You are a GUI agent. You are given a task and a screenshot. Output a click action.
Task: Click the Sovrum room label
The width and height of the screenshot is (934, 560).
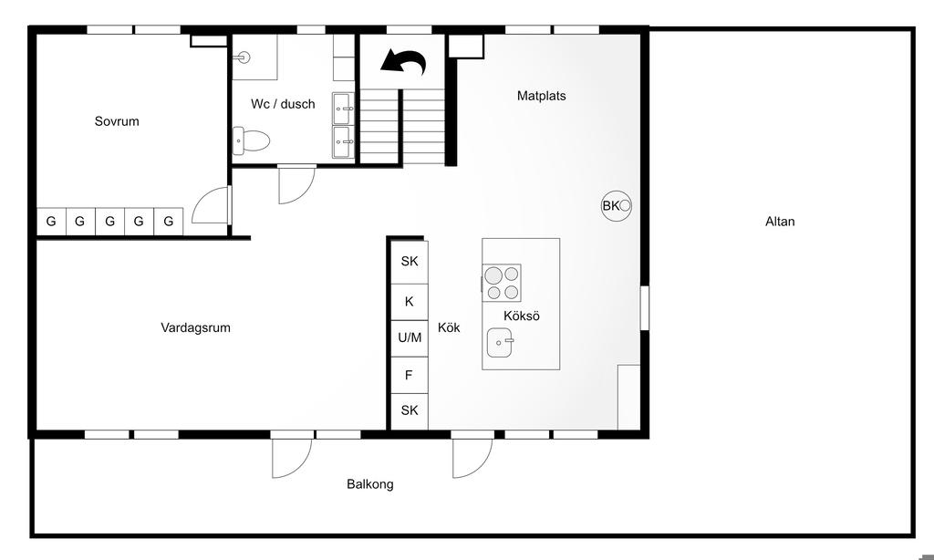click(x=117, y=121)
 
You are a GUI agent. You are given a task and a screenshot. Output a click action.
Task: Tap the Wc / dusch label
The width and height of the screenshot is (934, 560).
click(x=283, y=104)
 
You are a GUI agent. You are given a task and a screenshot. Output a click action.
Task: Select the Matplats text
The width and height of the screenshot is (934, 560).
click(x=542, y=96)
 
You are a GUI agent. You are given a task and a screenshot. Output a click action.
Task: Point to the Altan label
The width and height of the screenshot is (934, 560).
click(x=780, y=222)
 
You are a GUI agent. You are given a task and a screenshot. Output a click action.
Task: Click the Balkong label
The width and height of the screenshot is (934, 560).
click(x=370, y=484)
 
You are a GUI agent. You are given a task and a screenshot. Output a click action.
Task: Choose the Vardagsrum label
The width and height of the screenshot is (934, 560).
click(x=195, y=327)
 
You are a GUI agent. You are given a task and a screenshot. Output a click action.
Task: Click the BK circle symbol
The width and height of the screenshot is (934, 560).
click(x=616, y=206)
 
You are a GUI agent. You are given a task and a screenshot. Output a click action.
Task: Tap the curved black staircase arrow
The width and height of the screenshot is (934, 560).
click(x=403, y=62)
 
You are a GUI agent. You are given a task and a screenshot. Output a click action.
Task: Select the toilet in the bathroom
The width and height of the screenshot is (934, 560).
click(x=251, y=140)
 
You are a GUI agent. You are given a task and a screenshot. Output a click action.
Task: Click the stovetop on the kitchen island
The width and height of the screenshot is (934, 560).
click(x=502, y=283)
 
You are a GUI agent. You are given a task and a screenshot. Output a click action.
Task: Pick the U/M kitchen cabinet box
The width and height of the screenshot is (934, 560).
click(x=410, y=338)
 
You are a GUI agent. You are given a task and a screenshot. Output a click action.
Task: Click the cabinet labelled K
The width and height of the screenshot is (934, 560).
click(x=410, y=302)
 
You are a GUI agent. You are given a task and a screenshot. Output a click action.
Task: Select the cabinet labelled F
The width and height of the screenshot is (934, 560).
click(x=410, y=376)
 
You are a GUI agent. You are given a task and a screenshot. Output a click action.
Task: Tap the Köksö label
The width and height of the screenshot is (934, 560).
click(x=522, y=316)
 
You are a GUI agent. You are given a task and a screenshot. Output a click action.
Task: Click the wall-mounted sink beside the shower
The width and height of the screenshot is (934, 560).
click(x=241, y=57)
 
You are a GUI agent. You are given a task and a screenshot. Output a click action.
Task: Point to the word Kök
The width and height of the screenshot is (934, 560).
click(x=449, y=327)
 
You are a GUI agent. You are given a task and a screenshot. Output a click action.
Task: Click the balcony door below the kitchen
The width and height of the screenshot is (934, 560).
click(x=472, y=458)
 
